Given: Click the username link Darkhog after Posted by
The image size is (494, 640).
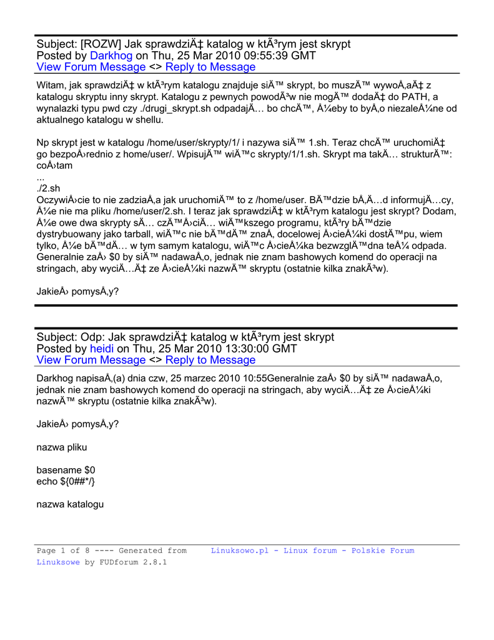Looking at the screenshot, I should [x=111, y=56].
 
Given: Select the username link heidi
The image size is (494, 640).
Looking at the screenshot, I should [x=102, y=349].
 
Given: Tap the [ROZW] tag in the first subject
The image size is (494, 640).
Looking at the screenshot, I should [x=101, y=44].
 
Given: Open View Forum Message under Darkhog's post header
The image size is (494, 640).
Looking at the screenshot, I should [x=91, y=67].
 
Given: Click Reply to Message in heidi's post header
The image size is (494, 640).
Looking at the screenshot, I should [x=210, y=360].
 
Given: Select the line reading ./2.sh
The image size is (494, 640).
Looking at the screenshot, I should [x=49, y=188].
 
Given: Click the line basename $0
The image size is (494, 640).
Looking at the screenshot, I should [x=66, y=469].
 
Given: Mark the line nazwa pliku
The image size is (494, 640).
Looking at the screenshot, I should [x=62, y=447].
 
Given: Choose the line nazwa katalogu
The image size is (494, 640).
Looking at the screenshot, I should [x=70, y=504].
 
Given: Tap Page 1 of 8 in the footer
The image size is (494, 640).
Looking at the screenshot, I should [x=63, y=551].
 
